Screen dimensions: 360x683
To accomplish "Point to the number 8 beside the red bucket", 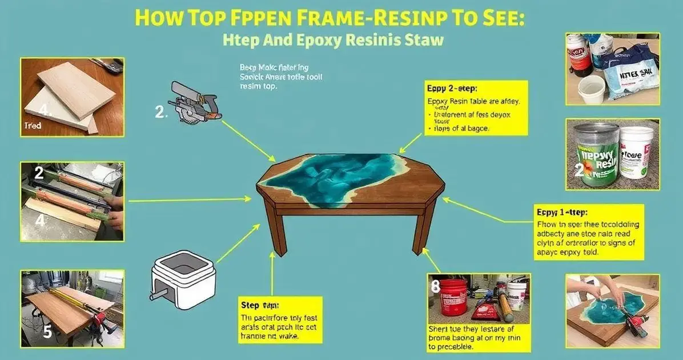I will [435, 287].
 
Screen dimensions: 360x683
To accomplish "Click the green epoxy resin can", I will [596, 154].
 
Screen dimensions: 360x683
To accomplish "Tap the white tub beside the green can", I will [636, 153].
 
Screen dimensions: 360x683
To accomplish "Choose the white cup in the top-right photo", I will [591, 89].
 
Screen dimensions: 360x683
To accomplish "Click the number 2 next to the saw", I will [160, 113].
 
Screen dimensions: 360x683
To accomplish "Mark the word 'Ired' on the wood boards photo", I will [33, 126].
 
